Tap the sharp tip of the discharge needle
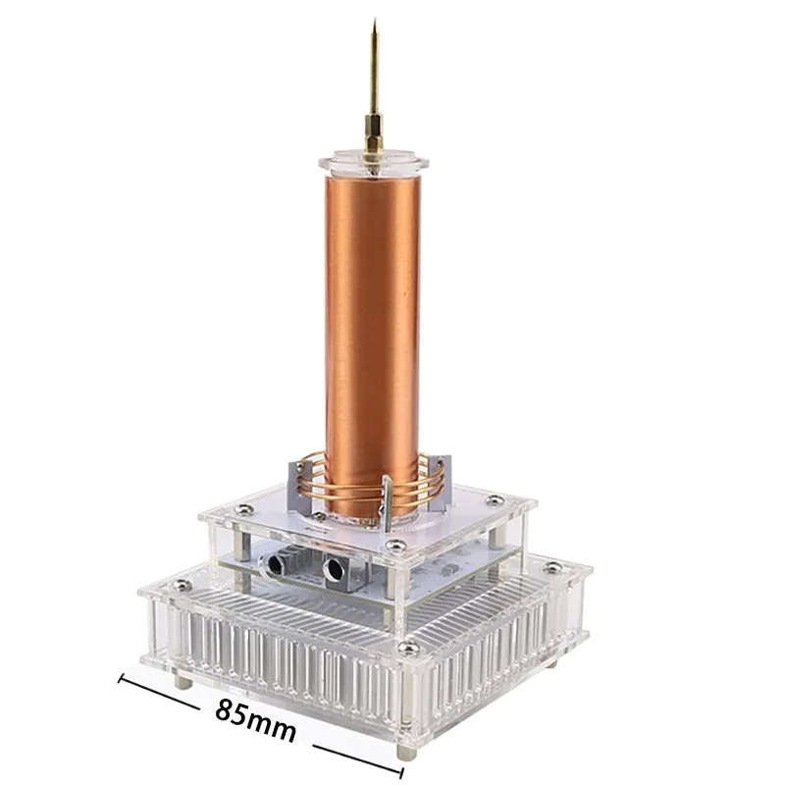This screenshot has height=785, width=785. (x=375, y=19)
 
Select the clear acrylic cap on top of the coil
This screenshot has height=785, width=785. (x=375, y=163)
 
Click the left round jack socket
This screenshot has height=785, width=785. (x=274, y=565)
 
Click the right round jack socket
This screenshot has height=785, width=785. (x=334, y=569)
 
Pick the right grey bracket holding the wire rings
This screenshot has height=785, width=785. (x=438, y=482)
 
